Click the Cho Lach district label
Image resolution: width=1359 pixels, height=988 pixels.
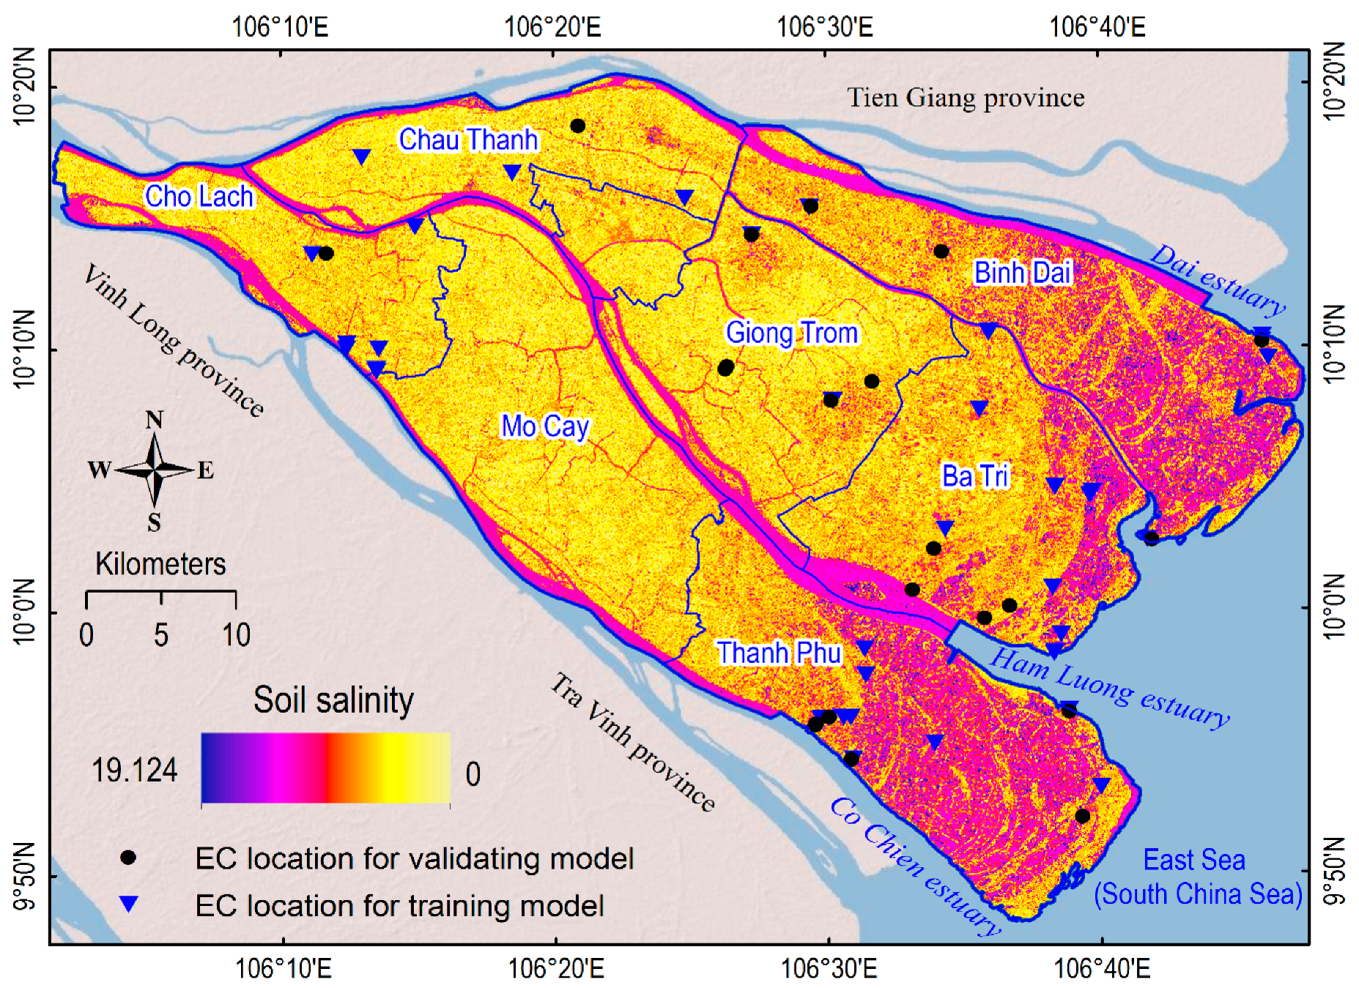coord(199,196)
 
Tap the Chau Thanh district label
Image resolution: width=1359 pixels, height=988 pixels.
coord(468,139)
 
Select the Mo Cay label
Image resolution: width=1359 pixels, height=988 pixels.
coord(544,426)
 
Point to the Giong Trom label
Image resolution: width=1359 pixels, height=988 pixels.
coord(791,333)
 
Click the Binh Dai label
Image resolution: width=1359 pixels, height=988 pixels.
coord(1022,272)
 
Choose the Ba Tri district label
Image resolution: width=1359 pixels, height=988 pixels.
coord(975,476)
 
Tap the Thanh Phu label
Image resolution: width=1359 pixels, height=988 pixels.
coord(779,653)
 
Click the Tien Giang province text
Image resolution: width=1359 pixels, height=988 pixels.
coord(966,97)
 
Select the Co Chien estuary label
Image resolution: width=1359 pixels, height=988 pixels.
coord(915,866)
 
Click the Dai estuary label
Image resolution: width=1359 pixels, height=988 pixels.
coord(1218,280)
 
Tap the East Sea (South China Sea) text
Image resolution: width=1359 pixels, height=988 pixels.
coord(1197,877)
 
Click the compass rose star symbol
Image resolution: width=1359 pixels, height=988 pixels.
coord(154,469)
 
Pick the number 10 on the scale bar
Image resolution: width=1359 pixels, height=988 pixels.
coord(236,634)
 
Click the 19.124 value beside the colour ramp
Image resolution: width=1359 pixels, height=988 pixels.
coord(134,770)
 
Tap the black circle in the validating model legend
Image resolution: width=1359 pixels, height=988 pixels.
coord(128,858)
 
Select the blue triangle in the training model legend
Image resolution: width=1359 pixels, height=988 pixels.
coord(128,905)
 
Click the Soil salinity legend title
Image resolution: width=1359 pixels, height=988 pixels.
coord(333,700)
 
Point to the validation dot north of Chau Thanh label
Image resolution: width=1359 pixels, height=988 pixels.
coord(577,126)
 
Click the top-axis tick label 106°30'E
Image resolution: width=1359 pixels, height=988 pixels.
coord(825,27)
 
